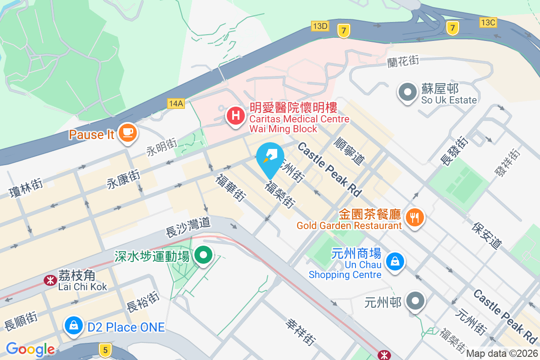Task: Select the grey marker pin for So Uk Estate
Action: pos(408,92)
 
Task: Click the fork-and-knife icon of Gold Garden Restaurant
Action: pos(414,218)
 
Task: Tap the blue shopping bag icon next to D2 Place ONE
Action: pos(73,325)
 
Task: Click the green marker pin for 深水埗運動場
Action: pos(203,256)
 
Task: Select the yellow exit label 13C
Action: pos(488,22)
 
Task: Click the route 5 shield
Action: pos(105,350)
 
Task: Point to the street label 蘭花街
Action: pos(403,61)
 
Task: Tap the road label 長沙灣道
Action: pos(188,227)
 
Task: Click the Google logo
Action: pos(30,349)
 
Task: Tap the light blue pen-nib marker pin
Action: pos(270,157)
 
